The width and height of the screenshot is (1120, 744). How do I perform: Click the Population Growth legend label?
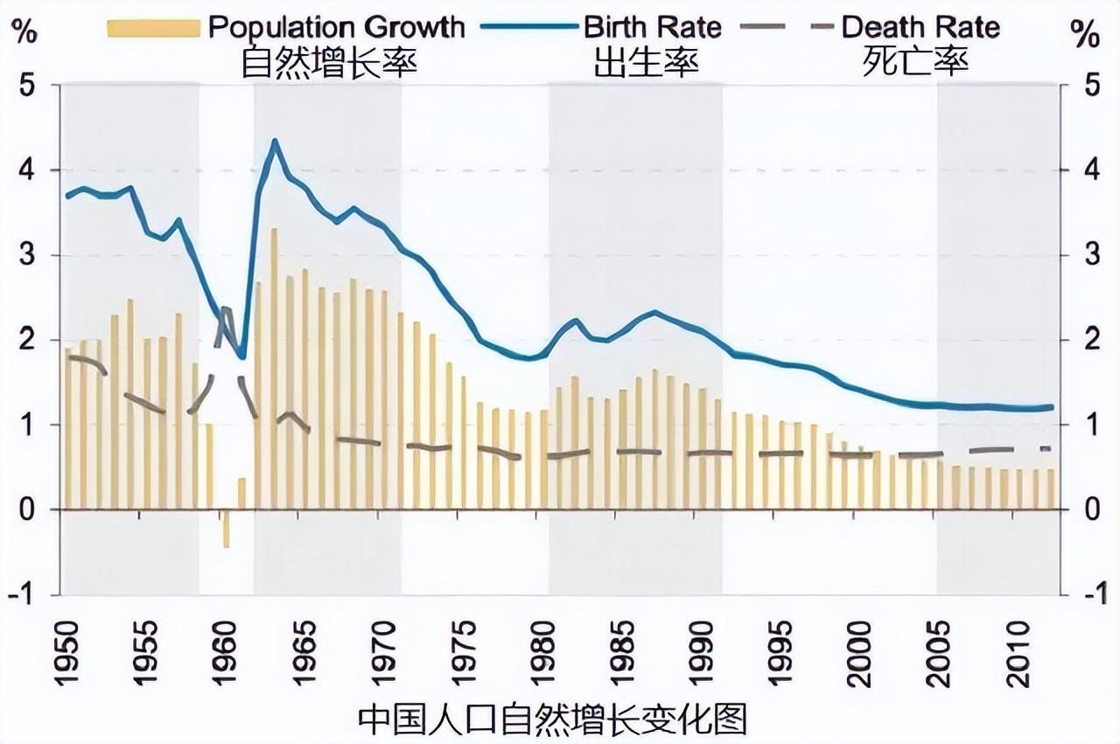[x=336, y=26]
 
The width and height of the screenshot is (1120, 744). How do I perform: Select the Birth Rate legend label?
[x=653, y=26]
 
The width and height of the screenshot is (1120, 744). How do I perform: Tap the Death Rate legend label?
[x=920, y=26]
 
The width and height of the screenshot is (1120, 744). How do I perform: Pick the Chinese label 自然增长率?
[x=329, y=62]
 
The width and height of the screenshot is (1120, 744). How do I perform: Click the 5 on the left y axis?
[x=30, y=86]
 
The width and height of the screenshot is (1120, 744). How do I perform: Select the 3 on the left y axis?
[x=30, y=256]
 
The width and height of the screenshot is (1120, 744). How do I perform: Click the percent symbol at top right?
[x=1085, y=35]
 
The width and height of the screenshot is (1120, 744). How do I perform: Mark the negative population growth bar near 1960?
[x=226, y=528]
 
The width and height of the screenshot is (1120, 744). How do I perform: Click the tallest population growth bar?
[x=274, y=368]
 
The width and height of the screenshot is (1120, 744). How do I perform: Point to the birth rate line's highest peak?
[x=275, y=141]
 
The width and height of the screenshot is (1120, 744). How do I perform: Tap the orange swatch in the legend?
[x=154, y=28]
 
